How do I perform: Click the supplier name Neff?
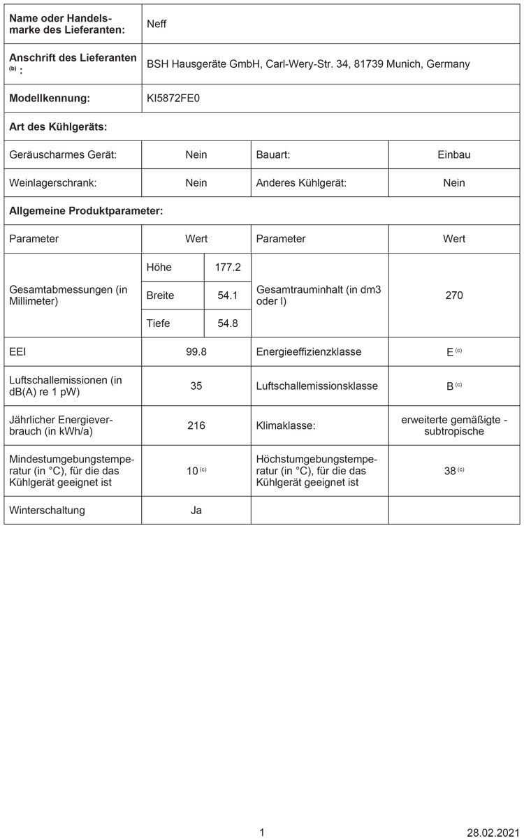pos(157,24)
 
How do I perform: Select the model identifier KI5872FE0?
pos(173,99)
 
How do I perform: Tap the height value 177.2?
pos(228,267)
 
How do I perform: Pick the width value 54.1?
pos(228,296)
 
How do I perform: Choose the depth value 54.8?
pos(228,323)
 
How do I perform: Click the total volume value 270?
pos(454,296)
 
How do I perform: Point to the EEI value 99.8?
pos(196,351)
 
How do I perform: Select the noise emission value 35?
pos(196,386)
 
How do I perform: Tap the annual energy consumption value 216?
pos(196,425)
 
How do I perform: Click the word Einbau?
pos(454,154)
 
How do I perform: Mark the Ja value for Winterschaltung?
pos(196,510)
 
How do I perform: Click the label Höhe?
pos(159,267)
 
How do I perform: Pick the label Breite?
pos(161,296)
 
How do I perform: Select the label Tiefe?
pos(159,323)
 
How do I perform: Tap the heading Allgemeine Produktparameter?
pos(86,210)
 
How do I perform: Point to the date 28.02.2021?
pos(493,832)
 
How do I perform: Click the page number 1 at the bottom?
pos(262,832)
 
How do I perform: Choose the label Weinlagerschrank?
pos(52,183)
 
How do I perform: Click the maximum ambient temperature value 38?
pos(450,471)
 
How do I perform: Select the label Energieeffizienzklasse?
pos(309,351)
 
